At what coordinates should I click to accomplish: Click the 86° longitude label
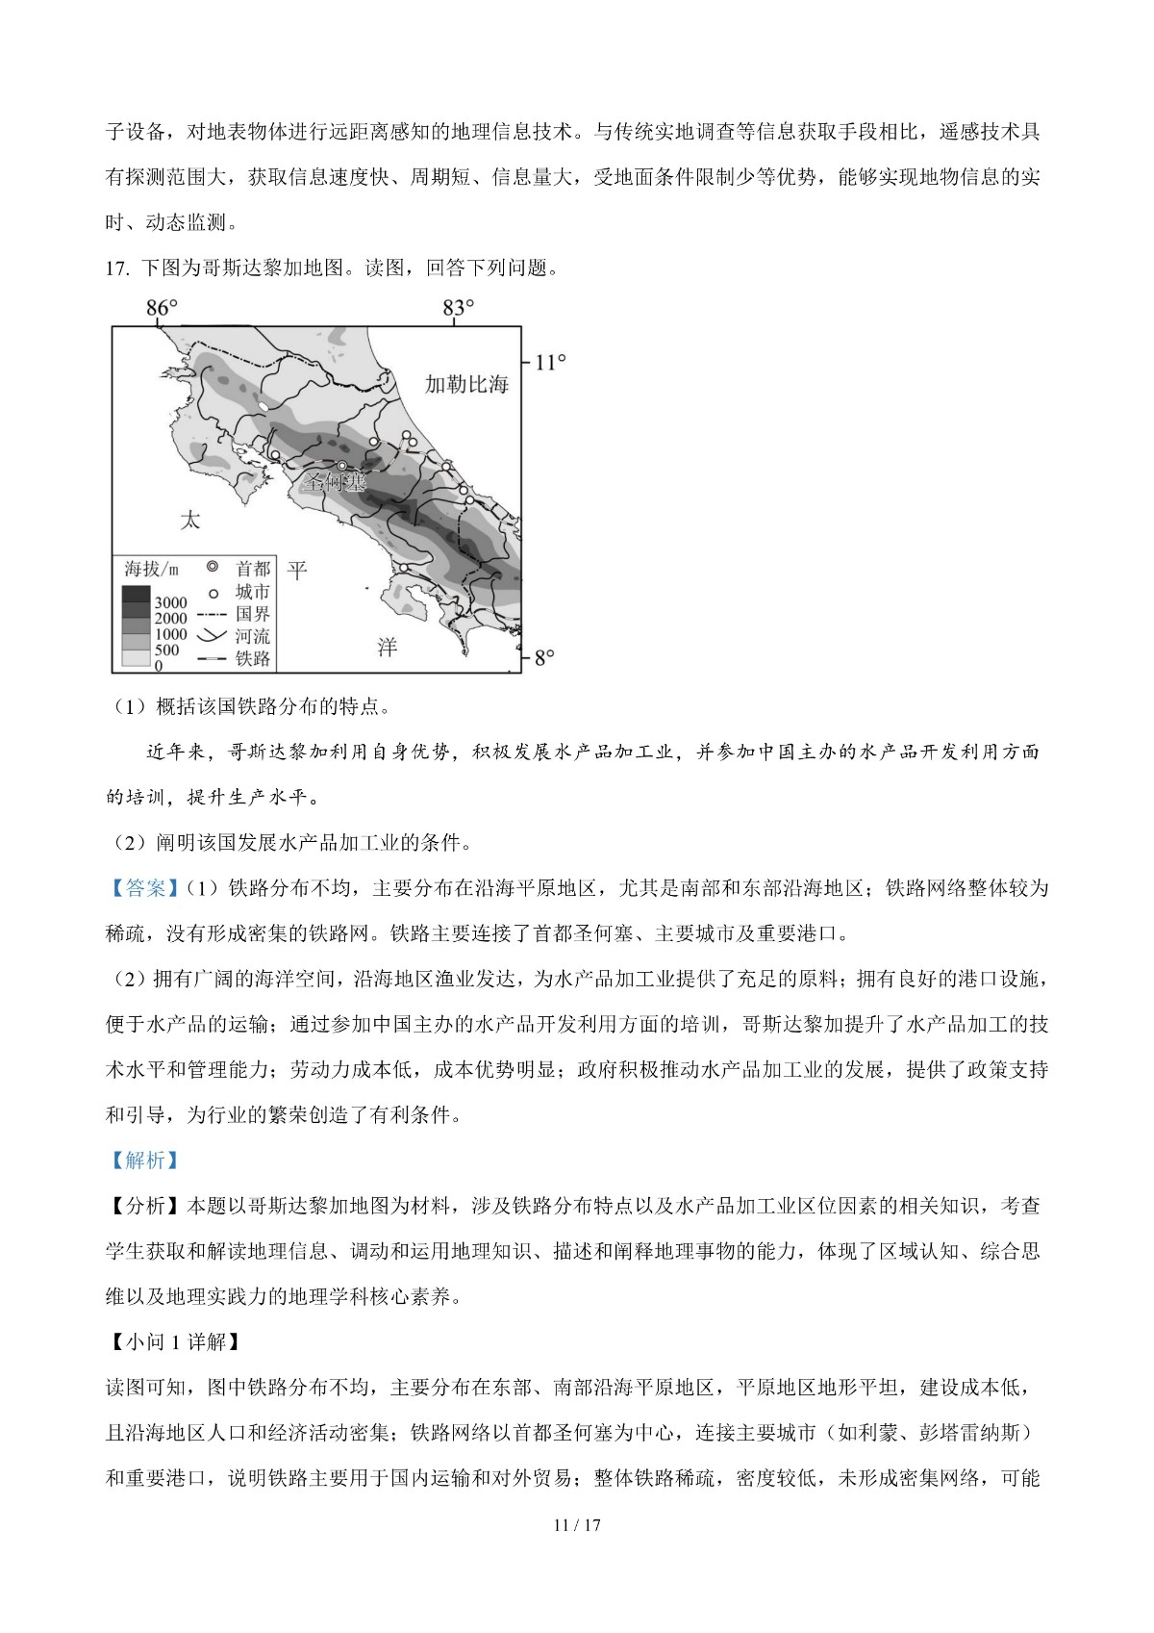click(x=162, y=308)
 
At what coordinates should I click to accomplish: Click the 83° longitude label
click(x=459, y=308)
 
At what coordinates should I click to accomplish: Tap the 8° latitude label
click(x=544, y=658)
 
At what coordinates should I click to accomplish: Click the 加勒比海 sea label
click(x=466, y=384)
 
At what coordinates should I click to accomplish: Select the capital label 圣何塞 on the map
click(x=335, y=482)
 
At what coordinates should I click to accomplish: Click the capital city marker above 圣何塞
click(x=341, y=466)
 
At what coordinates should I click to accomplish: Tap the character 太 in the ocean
click(x=190, y=521)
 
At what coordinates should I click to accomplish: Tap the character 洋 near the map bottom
click(x=387, y=647)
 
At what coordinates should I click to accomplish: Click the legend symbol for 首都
click(x=213, y=568)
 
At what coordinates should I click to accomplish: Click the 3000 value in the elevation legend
click(x=171, y=603)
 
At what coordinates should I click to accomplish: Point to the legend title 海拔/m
click(x=151, y=570)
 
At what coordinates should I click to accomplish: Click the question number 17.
click(x=117, y=268)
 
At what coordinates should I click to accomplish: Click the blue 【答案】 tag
click(x=144, y=888)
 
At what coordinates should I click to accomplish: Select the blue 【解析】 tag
click(x=144, y=1161)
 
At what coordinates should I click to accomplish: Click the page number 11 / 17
click(x=577, y=1525)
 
